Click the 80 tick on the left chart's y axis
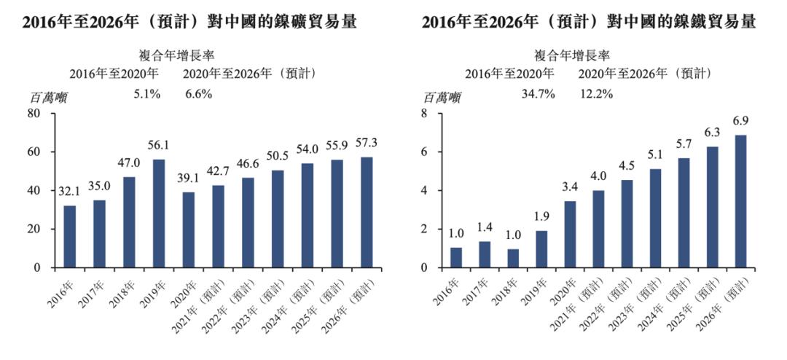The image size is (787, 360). coord(34,114)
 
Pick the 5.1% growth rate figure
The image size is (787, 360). coord(146,94)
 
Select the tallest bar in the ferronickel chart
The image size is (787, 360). coord(740,201)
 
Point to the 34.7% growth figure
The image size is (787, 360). coord(539,94)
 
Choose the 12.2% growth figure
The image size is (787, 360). coord(596,94)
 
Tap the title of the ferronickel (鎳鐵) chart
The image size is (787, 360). coord(589,23)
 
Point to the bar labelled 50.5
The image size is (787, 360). coord(278,219)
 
